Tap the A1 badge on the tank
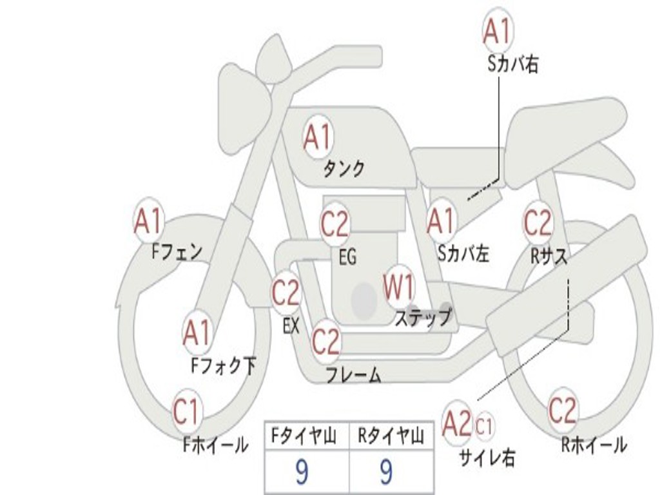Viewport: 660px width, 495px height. (317, 136)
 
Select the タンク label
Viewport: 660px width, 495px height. (344, 169)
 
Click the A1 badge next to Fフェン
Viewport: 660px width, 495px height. (148, 222)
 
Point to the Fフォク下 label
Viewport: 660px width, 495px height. (223, 366)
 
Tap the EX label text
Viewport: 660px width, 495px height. (291, 326)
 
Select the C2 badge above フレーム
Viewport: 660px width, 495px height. (326, 341)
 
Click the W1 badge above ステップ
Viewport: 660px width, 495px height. (399, 287)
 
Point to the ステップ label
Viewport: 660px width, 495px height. (423, 318)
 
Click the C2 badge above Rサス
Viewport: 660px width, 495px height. (538, 223)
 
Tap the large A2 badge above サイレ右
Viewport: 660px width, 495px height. (458, 424)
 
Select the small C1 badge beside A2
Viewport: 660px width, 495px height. (485, 426)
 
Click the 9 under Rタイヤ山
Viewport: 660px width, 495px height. (386, 473)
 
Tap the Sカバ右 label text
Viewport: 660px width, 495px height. (513, 64)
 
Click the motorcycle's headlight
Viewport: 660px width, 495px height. (244, 120)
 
